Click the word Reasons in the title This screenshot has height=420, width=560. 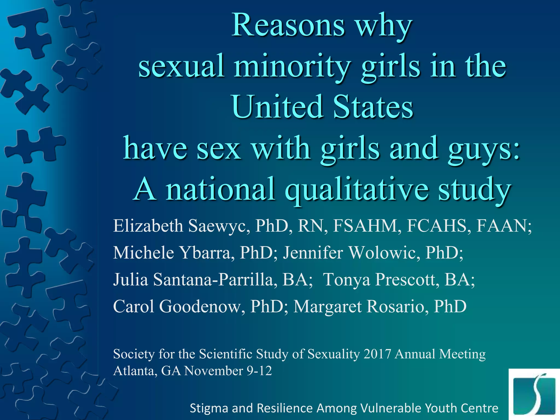[x=288, y=26]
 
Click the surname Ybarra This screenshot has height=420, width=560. [x=206, y=253]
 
